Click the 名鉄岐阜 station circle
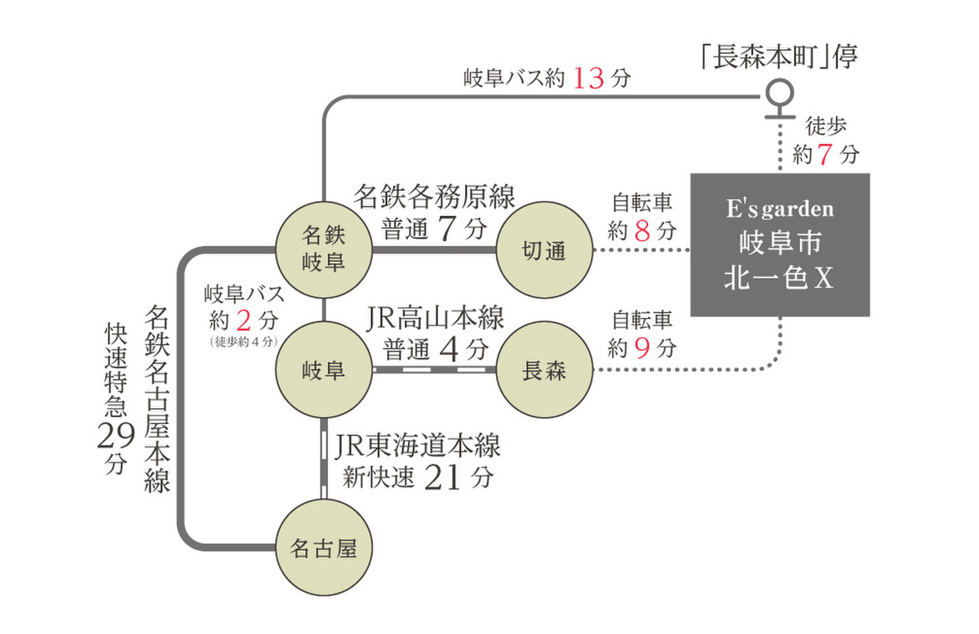(324, 249)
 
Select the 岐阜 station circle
(324, 371)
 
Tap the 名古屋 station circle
(324, 548)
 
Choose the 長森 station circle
(544, 372)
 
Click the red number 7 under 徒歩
(826, 153)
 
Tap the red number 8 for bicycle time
(641, 231)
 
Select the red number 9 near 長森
(641, 349)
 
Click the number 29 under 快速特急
(113, 438)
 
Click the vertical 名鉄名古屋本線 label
(158, 399)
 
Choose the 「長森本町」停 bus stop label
(779, 57)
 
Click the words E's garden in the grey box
(780, 209)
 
